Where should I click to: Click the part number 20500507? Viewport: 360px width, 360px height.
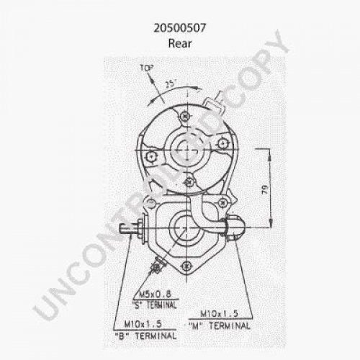point(180,28)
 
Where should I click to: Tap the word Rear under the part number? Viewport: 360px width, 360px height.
point(180,43)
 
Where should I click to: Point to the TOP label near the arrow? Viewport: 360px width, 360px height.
point(146,68)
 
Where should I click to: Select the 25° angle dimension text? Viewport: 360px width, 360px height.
point(171,84)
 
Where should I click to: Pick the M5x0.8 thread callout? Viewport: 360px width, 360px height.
point(155,294)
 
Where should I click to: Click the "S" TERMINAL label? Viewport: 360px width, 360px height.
point(154,305)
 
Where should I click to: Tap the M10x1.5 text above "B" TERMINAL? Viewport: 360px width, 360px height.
point(143,324)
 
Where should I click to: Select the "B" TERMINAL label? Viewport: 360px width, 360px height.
point(145,336)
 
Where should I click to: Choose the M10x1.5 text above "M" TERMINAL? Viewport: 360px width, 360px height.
point(219,314)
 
